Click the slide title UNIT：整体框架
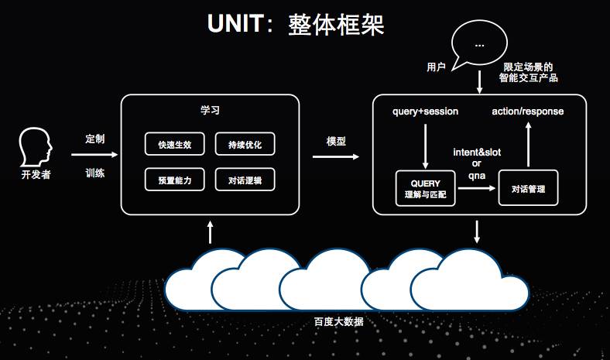pyautogui.click(x=296, y=24)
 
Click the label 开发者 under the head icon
pyautogui.click(x=36, y=175)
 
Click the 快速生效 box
pyautogui.click(x=174, y=145)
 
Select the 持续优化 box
pyautogui.click(x=245, y=145)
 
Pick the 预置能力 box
pyautogui.click(x=174, y=180)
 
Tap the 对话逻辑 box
pyautogui.click(x=245, y=180)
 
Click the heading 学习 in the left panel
pyautogui.click(x=210, y=111)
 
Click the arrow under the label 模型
pyautogui.click(x=336, y=156)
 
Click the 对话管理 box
pyautogui.click(x=529, y=189)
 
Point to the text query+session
pyautogui.click(x=427, y=111)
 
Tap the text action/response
pyautogui.click(x=528, y=111)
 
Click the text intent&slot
pyautogui.click(x=477, y=153)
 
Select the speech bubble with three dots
pyautogui.click(x=480, y=46)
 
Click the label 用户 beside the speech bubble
pyautogui.click(x=437, y=67)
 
